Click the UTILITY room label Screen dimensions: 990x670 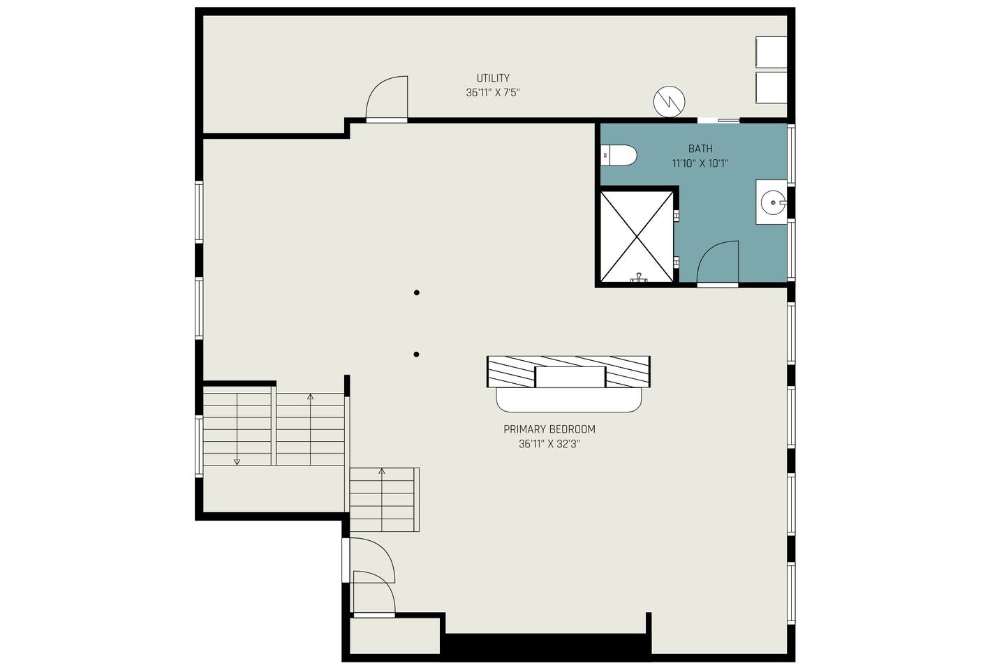coord(493,78)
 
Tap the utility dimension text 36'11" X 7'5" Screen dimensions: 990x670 coord(493,93)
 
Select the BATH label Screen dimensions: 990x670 coord(700,149)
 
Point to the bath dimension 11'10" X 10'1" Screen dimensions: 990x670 coord(700,163)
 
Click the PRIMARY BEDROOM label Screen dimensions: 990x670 coord(549,429)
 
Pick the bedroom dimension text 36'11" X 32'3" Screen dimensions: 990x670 coord(549,444)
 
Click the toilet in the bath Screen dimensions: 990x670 coord(619,156)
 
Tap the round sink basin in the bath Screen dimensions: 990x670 coord(773,202)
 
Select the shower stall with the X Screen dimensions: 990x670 coord(637,237)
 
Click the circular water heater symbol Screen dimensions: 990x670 coord(669,102)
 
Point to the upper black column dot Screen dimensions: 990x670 coord(416,292)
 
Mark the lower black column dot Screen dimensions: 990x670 coord(416,355)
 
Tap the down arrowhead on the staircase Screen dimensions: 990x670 coord(237,462)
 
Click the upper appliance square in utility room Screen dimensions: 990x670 coord(771,52)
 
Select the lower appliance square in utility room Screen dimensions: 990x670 coord(771,87)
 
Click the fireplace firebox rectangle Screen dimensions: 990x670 coord(570,377)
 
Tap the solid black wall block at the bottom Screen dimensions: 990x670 coord(547,646)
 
